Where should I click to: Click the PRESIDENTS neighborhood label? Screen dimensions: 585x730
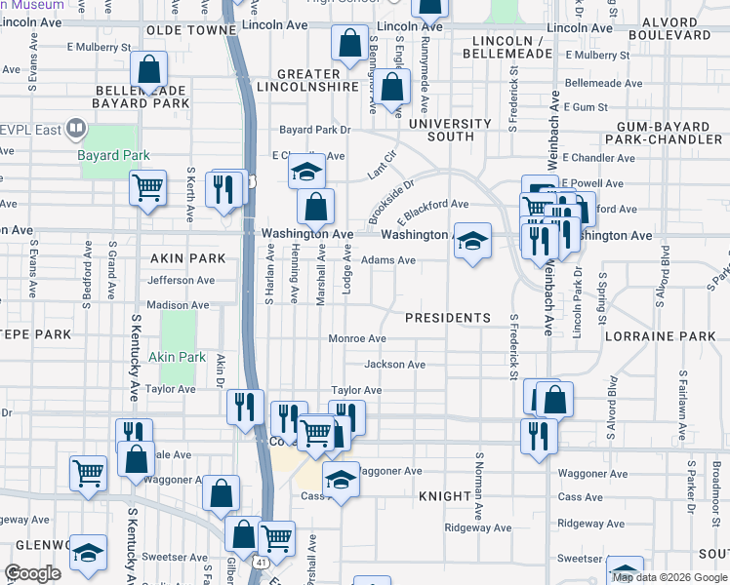pos(448,318)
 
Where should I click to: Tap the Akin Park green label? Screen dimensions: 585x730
pos(178,357)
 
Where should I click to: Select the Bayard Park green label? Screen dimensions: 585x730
pos(114,155)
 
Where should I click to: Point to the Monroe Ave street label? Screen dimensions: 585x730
pos(357,338)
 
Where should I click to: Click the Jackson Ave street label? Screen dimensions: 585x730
pos(394,365)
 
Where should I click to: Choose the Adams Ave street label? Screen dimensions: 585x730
pos(388,260)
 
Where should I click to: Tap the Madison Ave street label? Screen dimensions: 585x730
pos(178,305)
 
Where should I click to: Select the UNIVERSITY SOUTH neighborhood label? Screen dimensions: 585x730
pos(450,130)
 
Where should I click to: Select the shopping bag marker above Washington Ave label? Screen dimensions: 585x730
pos(315,206)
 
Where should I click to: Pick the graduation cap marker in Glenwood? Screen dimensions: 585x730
pos(89,553)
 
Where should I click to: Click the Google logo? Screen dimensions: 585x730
pos(32,573)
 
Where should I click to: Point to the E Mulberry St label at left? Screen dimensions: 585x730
pos(99,46)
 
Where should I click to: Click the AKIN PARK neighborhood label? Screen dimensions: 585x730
pos(188,258)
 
